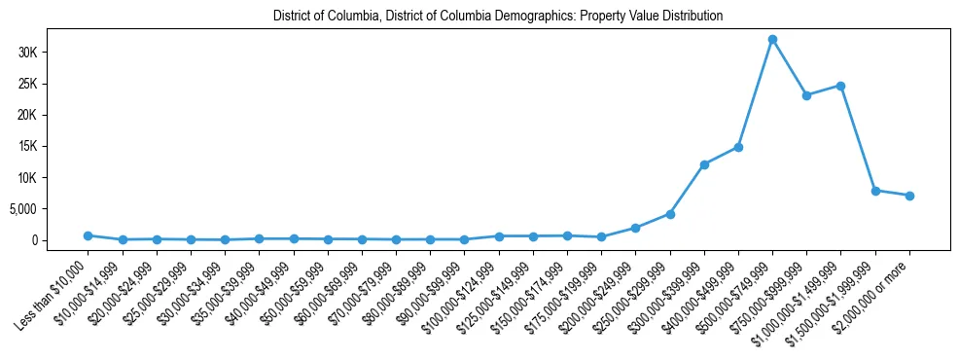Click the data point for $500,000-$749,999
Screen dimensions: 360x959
[x=772, y=40]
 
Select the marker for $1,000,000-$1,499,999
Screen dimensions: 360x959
[x=840, y=86]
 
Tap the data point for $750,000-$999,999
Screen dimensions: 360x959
[x=806, y=95]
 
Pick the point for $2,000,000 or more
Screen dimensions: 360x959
[x=909, y=196]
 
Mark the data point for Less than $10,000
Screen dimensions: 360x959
[x=88, y=235]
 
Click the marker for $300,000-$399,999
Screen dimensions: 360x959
[x=704, y=164]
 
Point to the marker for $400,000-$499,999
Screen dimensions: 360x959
[x=738, y=147]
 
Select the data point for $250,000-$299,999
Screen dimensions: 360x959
[x=670, y=214]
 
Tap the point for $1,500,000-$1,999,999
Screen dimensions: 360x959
[x=875, y=191]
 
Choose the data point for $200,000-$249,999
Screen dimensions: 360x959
[x=635, y=228]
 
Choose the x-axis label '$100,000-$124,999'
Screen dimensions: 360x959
[x=463, y=290]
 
